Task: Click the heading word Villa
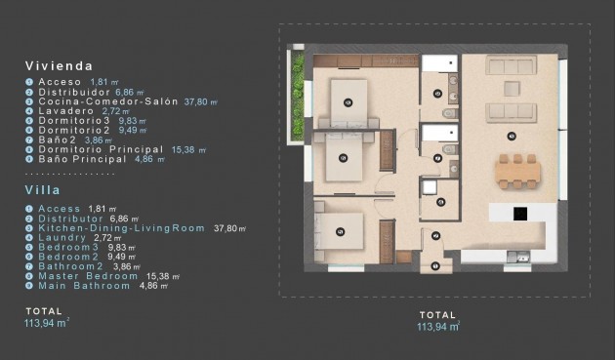45,192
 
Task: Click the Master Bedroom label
87,275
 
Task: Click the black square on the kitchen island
520,213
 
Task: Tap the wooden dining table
516,173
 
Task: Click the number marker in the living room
512,135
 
